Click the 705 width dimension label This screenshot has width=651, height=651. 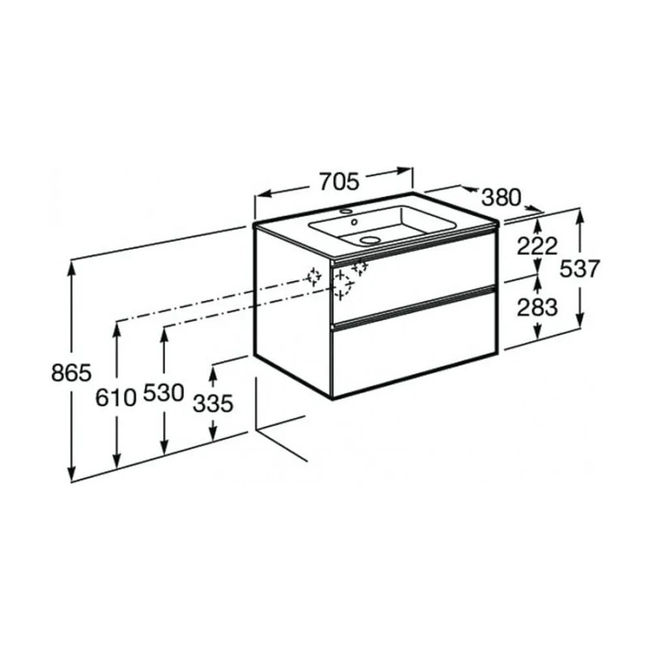pyautogui.click(x=339, y=182)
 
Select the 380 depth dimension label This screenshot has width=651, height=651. pyautogui.click(x=501, y=198)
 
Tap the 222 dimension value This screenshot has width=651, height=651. pyautogui.click(x=537, y=247)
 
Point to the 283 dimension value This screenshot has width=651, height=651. pyautogui.click(x=537, y=308)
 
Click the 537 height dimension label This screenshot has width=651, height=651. pyautogui.click(x=579, y=268)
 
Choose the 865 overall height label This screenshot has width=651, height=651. pyautogui.click(x=71, y=372)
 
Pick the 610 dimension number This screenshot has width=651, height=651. pyautogui.click(x=116, y=398)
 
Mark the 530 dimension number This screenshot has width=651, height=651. pyautogui.click(x=163, y=393)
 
